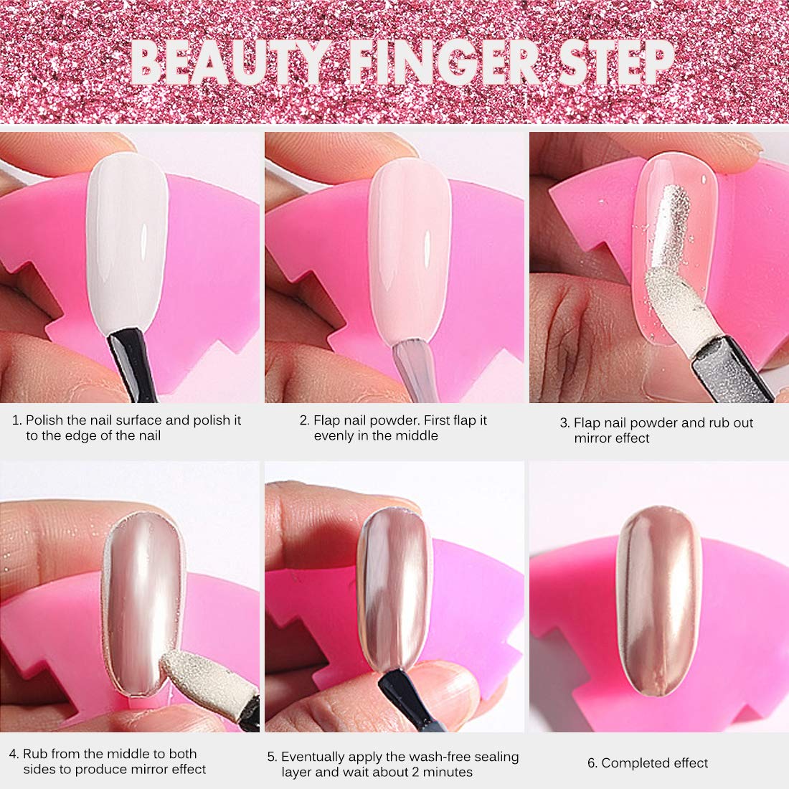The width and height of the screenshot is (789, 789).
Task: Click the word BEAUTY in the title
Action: click(230, 63)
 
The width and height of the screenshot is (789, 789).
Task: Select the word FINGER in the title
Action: click(443, 63)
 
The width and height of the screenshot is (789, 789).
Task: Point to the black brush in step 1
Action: click(132, 365)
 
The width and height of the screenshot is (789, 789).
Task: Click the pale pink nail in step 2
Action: click(410, 252)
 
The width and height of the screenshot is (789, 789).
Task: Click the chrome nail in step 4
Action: click(144, 604)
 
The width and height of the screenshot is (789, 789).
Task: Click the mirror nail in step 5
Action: click(394, 589)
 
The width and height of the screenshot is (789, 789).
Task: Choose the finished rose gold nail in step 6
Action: click(658, 601)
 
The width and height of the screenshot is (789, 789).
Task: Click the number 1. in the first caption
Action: click(17, 420)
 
